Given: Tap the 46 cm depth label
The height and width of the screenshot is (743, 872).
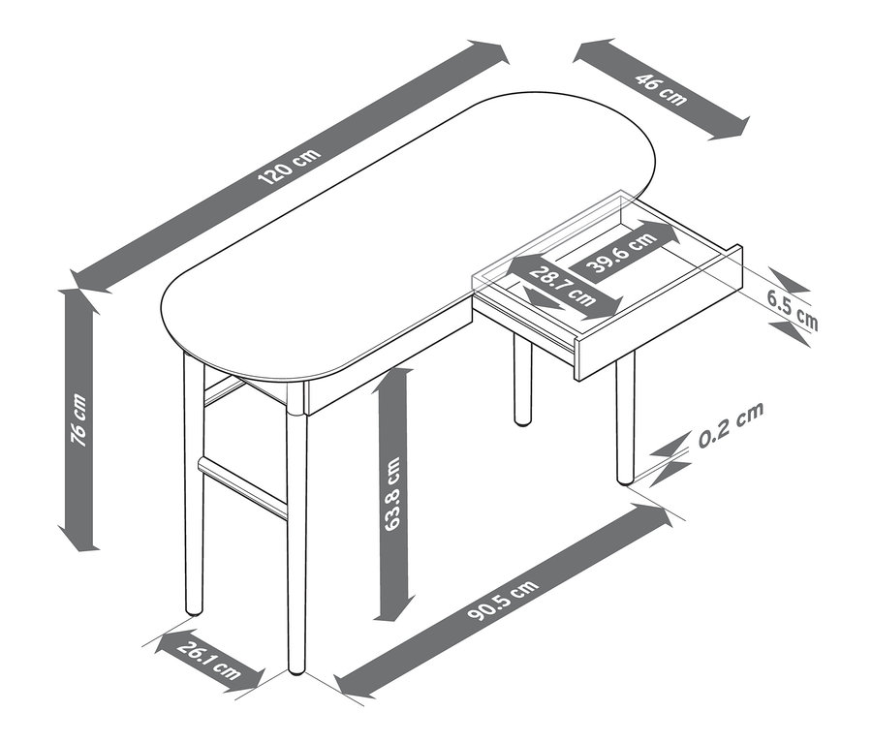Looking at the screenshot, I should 661,89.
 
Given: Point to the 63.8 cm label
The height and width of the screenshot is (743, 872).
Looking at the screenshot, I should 392,494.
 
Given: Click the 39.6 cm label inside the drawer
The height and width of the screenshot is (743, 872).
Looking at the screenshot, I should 620,250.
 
